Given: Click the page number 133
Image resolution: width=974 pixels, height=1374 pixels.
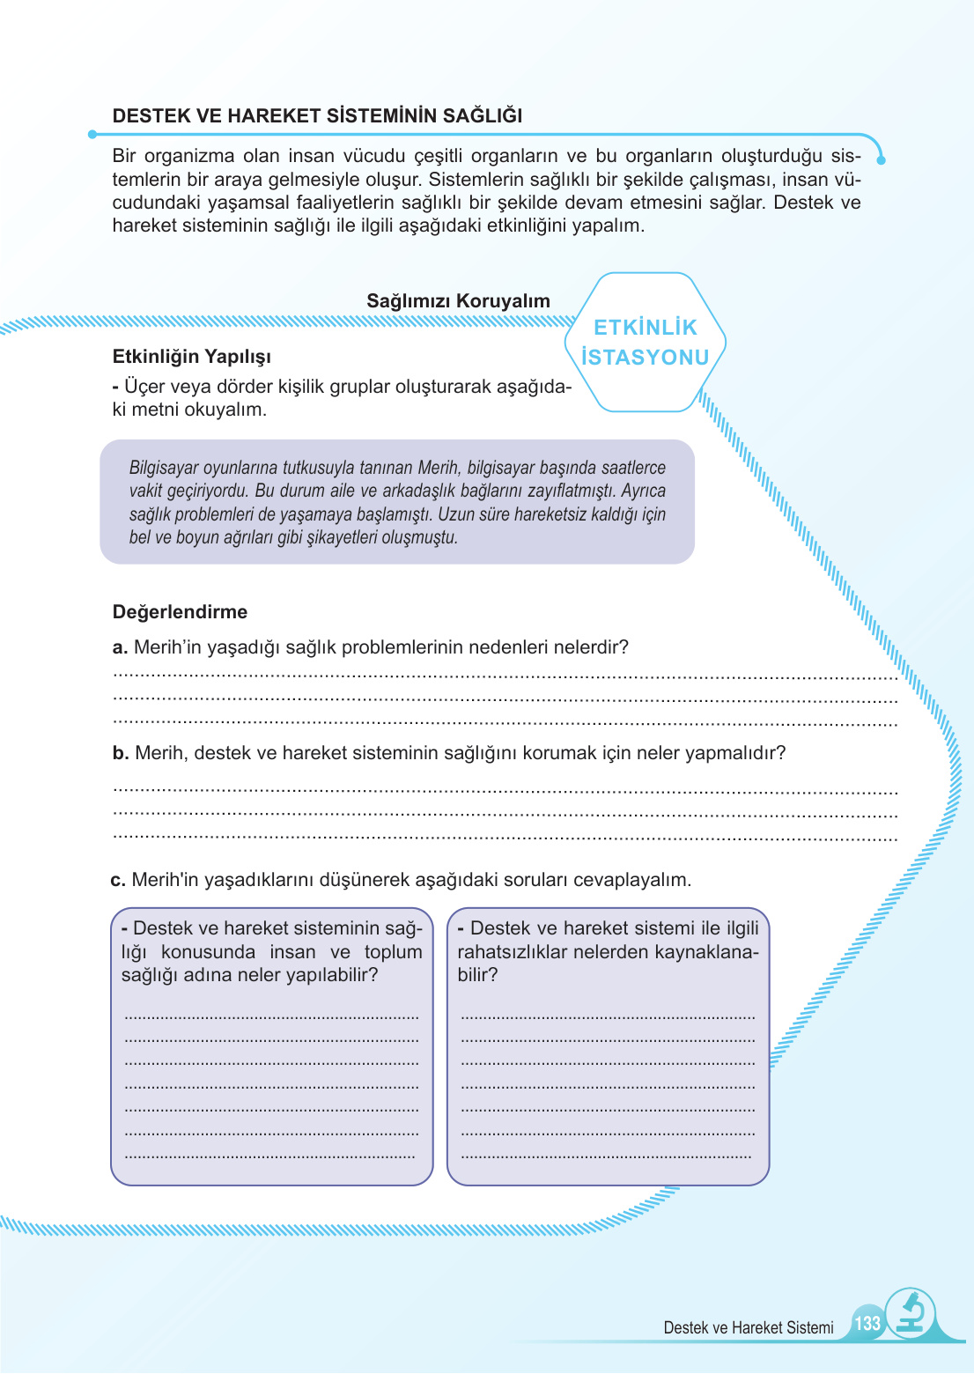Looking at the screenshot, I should (x=867, y=1323).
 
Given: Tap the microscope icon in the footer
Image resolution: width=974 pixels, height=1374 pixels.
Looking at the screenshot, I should (x=911, y=1313).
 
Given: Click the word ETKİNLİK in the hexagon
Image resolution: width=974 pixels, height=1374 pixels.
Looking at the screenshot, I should (x=646, y=328).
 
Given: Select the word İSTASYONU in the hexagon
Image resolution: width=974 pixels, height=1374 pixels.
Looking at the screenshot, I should (x=646, y=358).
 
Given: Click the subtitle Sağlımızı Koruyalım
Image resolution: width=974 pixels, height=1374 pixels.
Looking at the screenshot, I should (x=458, y=301).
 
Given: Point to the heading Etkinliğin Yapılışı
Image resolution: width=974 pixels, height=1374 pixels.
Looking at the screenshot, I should (x=192, y=357).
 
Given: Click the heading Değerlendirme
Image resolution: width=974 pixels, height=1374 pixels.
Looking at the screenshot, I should (x=180, y=612).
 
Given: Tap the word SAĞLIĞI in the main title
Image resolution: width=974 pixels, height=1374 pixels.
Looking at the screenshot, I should (x=483, y=116).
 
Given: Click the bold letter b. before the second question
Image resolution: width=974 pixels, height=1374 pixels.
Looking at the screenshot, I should (x=121, y=753).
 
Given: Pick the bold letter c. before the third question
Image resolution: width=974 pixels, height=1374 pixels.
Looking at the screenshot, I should (x=118, y=880).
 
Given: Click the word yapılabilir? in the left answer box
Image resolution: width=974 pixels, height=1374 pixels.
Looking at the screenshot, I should (x=330, y=975).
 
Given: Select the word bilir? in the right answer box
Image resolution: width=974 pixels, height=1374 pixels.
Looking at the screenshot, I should (x=477, y=975).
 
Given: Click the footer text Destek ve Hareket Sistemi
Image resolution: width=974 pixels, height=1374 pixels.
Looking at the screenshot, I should (x=749, y=1327).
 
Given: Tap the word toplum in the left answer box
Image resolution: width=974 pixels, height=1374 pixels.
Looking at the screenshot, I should (x=393, y=952).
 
